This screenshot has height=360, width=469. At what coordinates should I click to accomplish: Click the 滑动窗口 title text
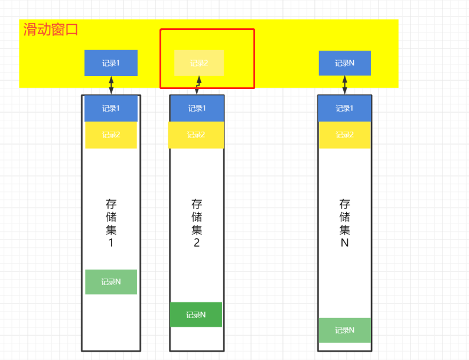(51, 30)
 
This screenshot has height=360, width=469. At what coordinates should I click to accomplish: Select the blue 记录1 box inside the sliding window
(111, 63)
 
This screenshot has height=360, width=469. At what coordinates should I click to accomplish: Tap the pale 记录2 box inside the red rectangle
(199, 63)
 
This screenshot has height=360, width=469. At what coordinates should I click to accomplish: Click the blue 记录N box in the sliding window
(345, 63)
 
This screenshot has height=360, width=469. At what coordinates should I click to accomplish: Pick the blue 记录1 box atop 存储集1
(111, 109)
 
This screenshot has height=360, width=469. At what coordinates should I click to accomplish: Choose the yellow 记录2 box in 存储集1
(111, 135)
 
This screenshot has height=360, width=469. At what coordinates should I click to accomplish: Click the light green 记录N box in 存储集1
(111, 282)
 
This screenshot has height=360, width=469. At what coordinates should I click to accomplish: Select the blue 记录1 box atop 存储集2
(197, 109)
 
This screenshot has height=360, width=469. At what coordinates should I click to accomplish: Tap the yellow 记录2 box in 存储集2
(196, 135)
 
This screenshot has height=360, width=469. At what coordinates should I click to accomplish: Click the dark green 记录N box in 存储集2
(196, 315)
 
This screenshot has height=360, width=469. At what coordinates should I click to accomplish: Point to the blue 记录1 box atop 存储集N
(344, 109)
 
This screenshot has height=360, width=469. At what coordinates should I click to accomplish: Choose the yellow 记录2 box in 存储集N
(344, 135)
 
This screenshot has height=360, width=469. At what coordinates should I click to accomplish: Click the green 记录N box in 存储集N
(344, 330)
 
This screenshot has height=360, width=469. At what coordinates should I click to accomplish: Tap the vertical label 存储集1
(111, 223)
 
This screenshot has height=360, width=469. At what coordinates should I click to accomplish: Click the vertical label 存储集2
(197, 223)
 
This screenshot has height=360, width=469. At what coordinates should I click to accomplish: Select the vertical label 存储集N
(345, 223)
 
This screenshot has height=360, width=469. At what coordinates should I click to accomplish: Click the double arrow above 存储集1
(111, 85)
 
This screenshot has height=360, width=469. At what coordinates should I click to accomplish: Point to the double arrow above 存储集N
(345, 85)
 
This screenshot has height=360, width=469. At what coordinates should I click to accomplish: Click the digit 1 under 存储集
(111, 243)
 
